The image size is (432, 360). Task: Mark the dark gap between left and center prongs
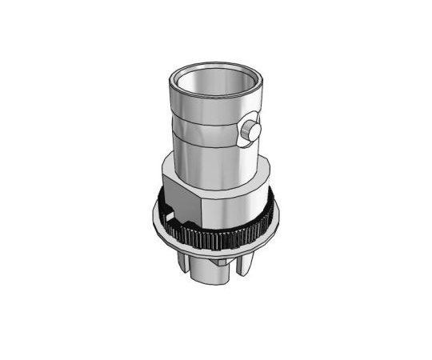coord(190,266)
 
